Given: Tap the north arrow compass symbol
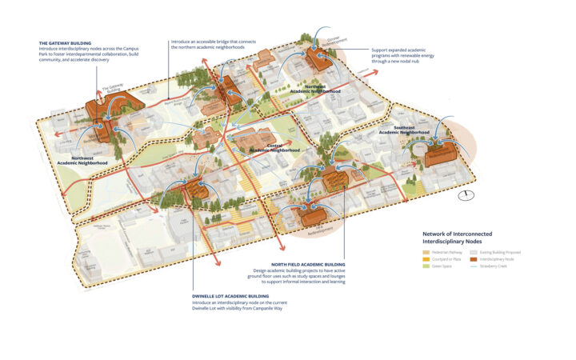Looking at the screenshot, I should click(x=470, y=195).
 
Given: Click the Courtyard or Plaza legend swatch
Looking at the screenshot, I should click(x=426, y=258).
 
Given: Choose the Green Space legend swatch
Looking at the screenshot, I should click(x=426, y=266).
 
